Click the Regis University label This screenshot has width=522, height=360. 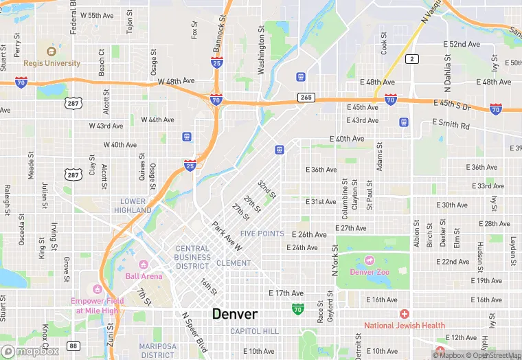pyautogui.click(x=52, y=63)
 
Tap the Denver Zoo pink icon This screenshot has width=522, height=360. pyautogui.click(x=370, y=260)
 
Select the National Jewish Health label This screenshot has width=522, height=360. pyautogui.click(x=405, y=325)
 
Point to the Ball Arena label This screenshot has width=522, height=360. pyautogui.click(x=144, y=275)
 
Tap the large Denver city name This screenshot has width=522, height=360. pyautogui.click(x=235, y=314)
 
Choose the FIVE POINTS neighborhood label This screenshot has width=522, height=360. pyautogui.click(x=262, y=234)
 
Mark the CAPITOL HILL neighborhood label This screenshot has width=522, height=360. pyautogui.click(x=254, y=331)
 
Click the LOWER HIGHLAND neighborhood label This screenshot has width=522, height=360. pyautogui.click(x=133, y=206)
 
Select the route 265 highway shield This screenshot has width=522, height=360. pyautogui.click(x=306, y=98)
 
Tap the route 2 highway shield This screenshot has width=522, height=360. pyautogui.click(x=412, y=60)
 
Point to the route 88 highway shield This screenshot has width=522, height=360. pyautogui.click(x=73, y=346)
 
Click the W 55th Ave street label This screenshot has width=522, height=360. pyautogui.click(x=96, y=15)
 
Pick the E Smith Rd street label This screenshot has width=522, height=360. pyautogui.click(x=451, y=126)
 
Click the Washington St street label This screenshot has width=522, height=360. pyautogui.click(x=261, y=50)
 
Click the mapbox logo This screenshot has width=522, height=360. pyautogui.click(x=30, y=350)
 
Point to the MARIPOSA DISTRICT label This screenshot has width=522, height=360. pyautogui.click(x=157, y=350)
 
